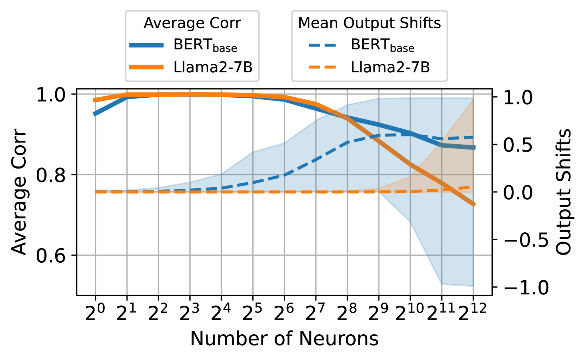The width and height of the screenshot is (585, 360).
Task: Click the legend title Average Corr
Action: [x=192, y=23]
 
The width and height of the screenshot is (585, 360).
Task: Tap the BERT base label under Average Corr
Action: [x=205, y=45]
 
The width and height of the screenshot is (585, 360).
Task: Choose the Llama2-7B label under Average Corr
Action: [x=213, y=67]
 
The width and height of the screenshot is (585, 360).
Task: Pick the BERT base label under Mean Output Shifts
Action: [x=382, y=45]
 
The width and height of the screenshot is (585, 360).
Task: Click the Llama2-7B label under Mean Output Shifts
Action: [x=390, y=67]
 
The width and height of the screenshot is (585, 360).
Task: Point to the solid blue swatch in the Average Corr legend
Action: [x=147, y=45]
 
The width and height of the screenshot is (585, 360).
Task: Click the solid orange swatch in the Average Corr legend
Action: [x=147, y=67]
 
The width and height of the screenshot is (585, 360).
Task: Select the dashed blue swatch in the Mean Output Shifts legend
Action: [x=322, y=45]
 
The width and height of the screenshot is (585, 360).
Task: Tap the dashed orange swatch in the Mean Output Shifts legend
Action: [x=322, y=67]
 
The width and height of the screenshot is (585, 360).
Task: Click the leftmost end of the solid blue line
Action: [x=95, y=114]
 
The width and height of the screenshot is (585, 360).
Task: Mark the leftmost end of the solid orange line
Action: [x=94, y=100]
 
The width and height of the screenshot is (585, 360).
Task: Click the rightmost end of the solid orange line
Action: [x=474, y=204]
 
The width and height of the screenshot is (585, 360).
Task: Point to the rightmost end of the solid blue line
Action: [x=474, y=148]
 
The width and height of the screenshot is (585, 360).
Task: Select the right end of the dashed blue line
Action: [x=473, y=137]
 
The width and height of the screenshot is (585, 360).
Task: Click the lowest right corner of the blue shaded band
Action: [x=473, y=286]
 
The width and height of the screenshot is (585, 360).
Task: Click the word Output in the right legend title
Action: [x=369, y=23]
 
